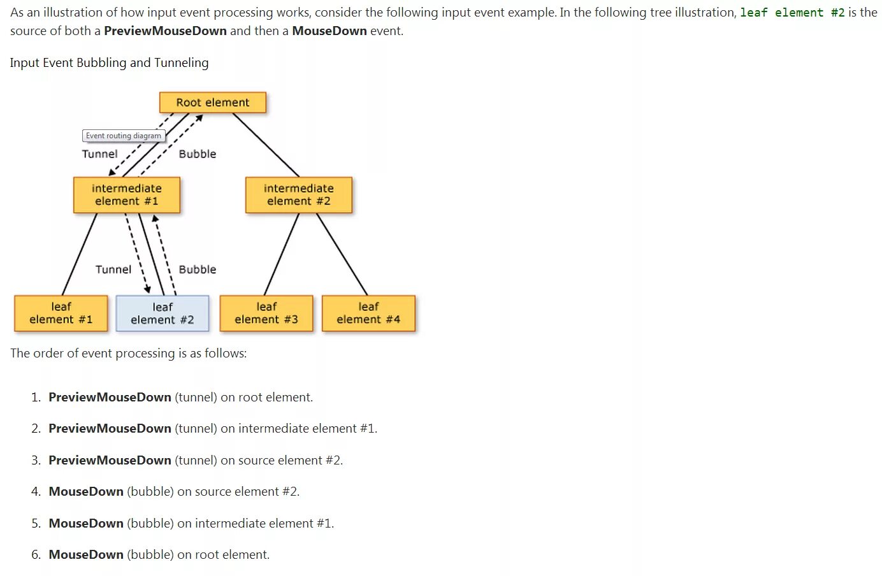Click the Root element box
pos(212,103)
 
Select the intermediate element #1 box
pos(127,195)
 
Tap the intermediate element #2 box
pos(298,195)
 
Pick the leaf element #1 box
pos(61,313)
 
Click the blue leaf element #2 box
pos(162,313)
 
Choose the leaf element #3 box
pos(266,313)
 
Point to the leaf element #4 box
pos(368,313)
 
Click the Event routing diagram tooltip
pos(124,136)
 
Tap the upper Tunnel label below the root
pos(99,154)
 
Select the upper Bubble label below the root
pos(198,154)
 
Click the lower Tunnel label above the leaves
pos(113,270)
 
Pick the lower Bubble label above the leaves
pos(198,270)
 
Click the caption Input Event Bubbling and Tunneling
pos(109,62)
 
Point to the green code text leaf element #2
pos(792,13)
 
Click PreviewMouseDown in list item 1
pos(110,397)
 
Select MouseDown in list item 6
pos(86,554)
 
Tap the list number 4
pos(36,491)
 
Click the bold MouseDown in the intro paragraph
pos(329,31)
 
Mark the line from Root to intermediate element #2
pos(266,145)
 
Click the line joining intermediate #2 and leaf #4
pos(342,254)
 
